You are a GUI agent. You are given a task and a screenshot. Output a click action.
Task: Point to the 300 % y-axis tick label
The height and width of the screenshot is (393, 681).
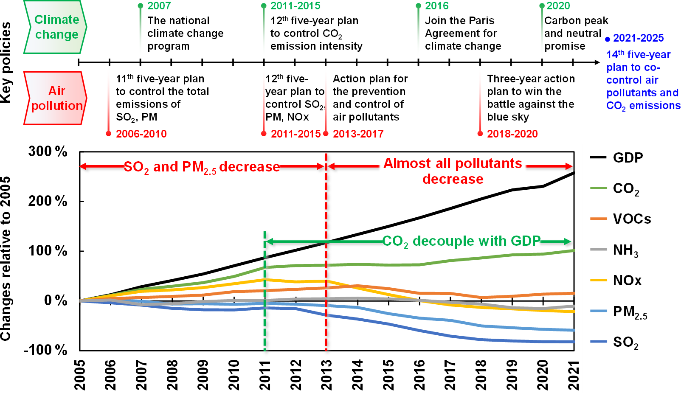[48, 152]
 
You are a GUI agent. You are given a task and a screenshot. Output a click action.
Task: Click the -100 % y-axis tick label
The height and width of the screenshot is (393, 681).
[45, 350]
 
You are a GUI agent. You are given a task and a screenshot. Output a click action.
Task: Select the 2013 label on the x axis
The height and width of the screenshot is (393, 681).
[326, 375]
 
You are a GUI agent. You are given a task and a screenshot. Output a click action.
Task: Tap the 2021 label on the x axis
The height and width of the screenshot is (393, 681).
[574, 375]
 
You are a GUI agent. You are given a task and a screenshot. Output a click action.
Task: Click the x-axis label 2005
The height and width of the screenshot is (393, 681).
[79, 375]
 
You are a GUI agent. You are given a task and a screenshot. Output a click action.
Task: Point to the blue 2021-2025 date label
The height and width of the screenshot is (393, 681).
[638, 38]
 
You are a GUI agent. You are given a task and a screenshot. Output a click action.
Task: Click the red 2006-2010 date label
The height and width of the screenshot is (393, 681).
[141, 134]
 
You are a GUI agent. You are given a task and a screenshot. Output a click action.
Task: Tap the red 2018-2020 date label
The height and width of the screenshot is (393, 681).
[512, 134]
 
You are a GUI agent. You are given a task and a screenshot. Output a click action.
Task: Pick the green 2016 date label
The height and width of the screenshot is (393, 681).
[436, 6]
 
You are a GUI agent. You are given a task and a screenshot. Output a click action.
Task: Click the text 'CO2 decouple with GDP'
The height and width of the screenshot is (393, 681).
[461, 241]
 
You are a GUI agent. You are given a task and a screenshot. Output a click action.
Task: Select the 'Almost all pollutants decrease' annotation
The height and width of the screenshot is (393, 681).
[453, 171]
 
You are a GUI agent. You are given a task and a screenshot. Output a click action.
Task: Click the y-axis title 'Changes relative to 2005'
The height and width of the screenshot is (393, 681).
[6, 259]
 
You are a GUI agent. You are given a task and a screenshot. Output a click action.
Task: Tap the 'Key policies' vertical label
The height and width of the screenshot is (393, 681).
[6, 62]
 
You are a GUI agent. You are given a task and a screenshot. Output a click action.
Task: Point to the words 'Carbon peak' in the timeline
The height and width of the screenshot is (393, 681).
[576, 21]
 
